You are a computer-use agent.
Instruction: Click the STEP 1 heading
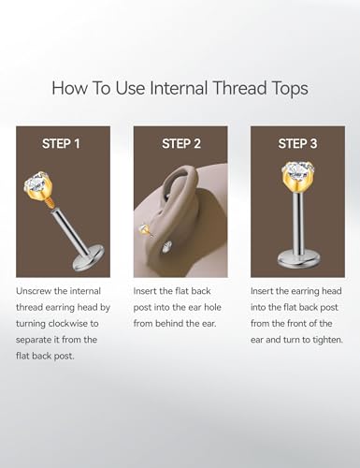coord(61,144)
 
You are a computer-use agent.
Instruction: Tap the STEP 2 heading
coord(181,144)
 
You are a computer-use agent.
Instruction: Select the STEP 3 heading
coord(297,144)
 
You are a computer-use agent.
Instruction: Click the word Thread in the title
coord(239,88)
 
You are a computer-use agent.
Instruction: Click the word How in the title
coord(70,88)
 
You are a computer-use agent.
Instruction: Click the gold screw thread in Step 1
coord(51,206)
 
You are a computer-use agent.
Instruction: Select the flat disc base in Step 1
coord(89,257)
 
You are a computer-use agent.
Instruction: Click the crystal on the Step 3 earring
coord(297,171)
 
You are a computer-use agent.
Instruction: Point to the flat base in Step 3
coord(297,257)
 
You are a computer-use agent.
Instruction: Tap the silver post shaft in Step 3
coord(297,222)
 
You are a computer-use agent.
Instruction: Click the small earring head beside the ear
coord(144,229)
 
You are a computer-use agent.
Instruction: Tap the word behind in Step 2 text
coord(169,324)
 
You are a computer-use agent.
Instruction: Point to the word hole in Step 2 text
coord(212,307)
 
